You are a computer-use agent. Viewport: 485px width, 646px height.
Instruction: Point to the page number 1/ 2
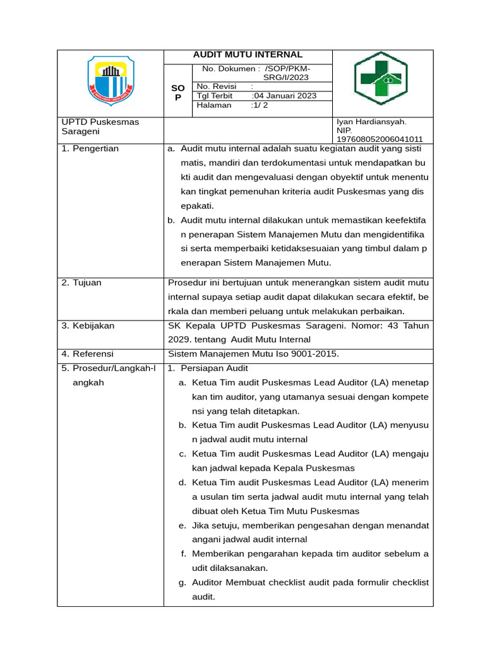pyautogui.click(x=260, y=105)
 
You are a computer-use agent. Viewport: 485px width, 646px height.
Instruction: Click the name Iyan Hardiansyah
pyautogui.click(x=371, y=122)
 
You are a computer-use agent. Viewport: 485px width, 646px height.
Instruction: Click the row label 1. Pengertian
pyautogui.click(x=90, y=149)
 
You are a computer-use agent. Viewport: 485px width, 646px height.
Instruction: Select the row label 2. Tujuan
pyautogui.click(x=81, y=283)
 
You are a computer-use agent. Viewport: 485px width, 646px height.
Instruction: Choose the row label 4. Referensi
pyautogui.click(x=87, y=353)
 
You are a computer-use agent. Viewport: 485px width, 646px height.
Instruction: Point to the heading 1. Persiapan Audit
pyautogui.click(x=208, y=368)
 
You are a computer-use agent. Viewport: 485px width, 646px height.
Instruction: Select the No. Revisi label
pyautogui.click(x=217, y=86)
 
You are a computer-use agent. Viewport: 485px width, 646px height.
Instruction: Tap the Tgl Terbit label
pyautogui.click(x=215, y=96)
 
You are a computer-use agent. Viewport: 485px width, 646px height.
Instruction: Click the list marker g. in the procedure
pyautogui.click(x=183, y=582)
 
